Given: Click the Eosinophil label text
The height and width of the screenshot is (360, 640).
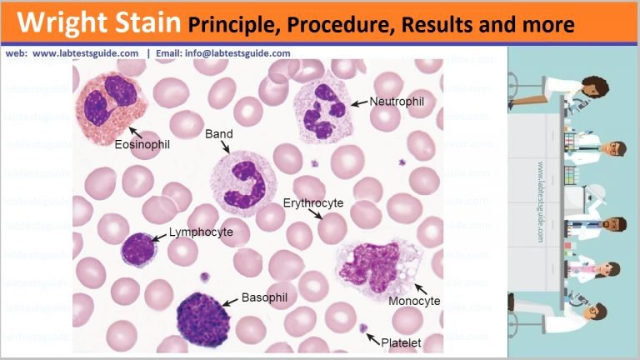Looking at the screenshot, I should pos(142,144).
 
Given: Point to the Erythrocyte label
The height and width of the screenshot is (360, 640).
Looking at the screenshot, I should pos(313,202).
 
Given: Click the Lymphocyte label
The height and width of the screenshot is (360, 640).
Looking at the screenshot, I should pos(201,232).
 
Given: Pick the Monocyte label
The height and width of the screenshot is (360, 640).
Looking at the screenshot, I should pos(415,300).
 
